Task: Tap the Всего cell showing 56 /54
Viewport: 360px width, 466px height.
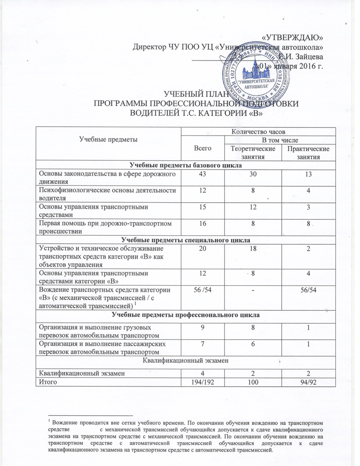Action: tap(202, 289)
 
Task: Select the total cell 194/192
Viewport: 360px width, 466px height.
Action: tap(202, 381)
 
